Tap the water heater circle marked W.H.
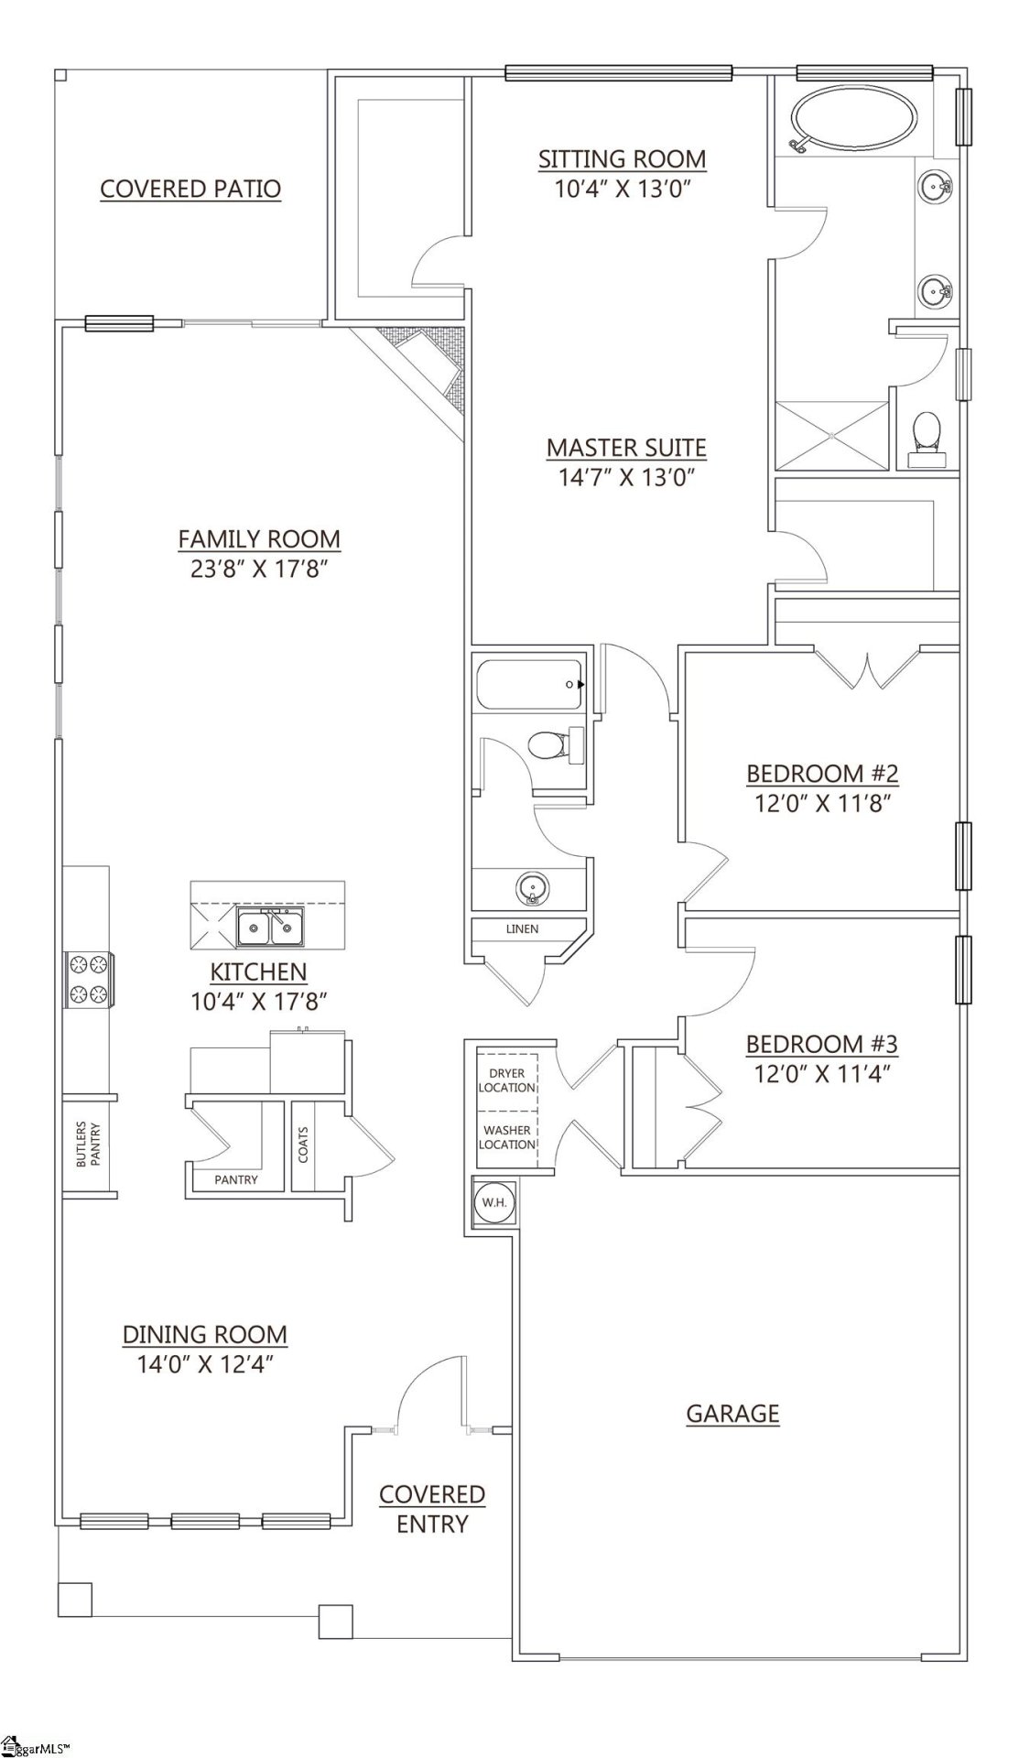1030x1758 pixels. click(x=494, y=1202)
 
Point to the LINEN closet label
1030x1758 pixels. click(x=522, y=928)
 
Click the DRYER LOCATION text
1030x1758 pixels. click(x=506, y=1080)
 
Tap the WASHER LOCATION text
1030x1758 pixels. click(x=506, y=1137)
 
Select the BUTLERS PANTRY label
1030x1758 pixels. click(x=88, y=1144)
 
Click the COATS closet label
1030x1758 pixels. click(x=303, y=1144)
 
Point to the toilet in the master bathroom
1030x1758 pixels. click(x=927, y=439)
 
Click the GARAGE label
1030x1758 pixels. click(x=732, y=1413)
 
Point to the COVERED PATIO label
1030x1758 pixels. click(x=190, y=189)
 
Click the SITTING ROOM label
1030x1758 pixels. click(x=622, y=159)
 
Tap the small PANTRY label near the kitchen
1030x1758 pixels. click(x=236, y=1179)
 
